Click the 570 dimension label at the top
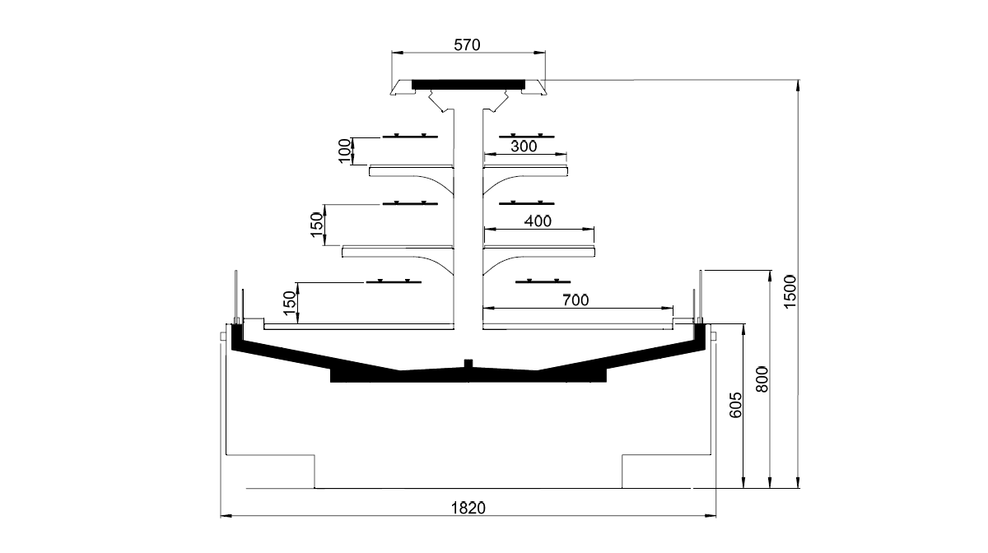467,45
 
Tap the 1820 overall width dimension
468,508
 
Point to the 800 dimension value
762,379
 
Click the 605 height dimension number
735,405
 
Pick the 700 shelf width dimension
576,300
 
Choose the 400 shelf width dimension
538,221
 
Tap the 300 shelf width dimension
524,146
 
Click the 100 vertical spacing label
345,151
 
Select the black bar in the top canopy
468,84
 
